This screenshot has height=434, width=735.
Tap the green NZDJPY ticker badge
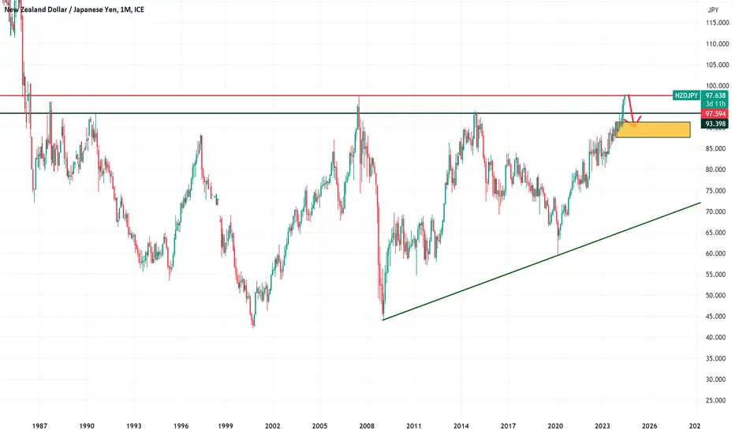(x=686, y=95)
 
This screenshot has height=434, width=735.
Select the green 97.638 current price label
(x=715, y=95)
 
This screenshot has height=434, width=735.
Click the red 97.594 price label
(x=715, y=114)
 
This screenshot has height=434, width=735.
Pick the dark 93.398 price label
(x=715, y=124)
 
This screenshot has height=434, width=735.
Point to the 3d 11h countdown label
(x=715, y=104)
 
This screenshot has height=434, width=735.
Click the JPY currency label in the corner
(x=713, y=9)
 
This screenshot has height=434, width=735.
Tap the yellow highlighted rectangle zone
(x=652, y=129)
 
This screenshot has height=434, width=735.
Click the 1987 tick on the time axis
(x=40, y=426)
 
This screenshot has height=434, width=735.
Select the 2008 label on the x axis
(x=367, y=426)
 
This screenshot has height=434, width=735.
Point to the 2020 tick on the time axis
(x=555, y=426)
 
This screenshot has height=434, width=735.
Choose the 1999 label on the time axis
(x=226, y=426)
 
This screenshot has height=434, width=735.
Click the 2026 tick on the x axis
(x=649, y=426)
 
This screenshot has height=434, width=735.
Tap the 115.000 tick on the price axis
(x=718, y=23)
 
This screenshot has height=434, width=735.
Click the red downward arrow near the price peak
(x=631, y=110)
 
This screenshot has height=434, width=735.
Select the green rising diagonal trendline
(x=542, y=261)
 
